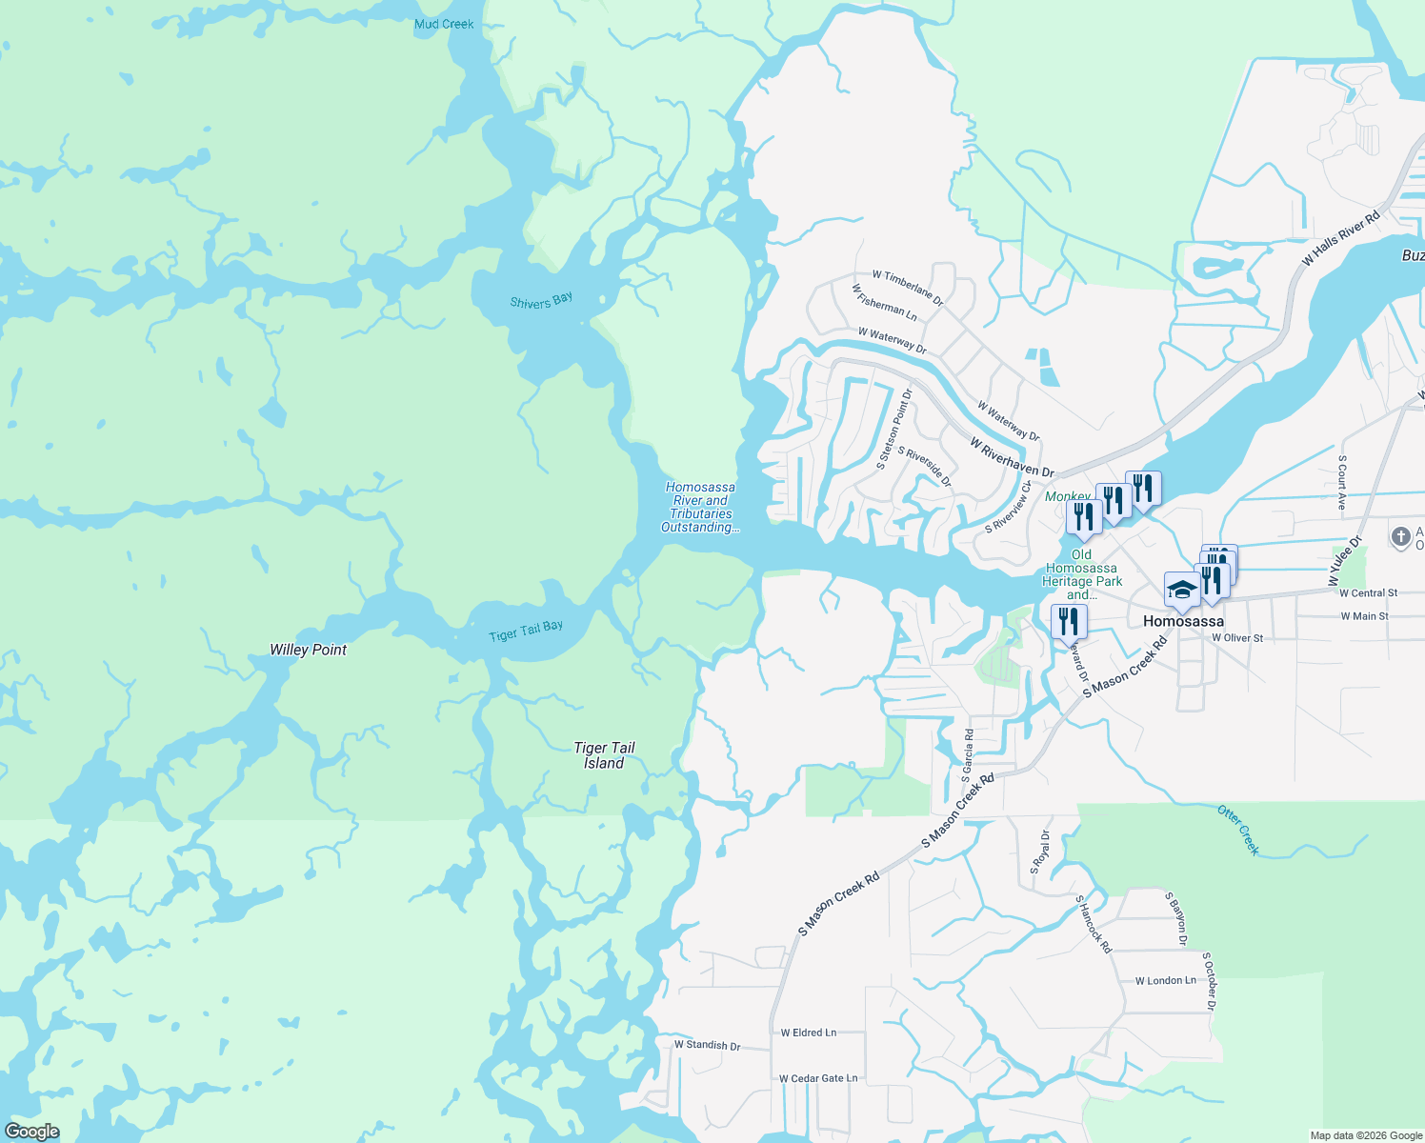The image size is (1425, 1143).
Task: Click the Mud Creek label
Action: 444,24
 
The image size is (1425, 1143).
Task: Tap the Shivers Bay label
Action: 541,301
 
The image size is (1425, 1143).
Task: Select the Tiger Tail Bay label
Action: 526,631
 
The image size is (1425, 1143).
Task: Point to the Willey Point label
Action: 308,650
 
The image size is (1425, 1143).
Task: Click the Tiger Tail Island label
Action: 604,755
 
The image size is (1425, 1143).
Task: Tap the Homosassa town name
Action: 1183,621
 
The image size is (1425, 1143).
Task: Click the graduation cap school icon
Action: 1181,591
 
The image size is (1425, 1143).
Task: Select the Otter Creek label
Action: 1238,830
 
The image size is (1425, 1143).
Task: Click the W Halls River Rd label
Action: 1340,238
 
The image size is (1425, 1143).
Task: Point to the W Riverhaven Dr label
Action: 1012,457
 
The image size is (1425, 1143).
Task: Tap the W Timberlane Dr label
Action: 907,288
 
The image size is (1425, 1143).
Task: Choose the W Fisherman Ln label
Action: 884,303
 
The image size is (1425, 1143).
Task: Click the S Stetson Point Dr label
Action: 894,430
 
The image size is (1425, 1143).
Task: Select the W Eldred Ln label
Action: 808,1033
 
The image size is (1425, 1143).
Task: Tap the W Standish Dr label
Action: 707,1045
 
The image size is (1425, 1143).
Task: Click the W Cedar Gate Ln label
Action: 817,1078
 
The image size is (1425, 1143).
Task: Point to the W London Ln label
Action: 1165,980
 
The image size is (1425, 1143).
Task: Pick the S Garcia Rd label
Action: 968,755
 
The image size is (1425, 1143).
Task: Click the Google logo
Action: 31,1132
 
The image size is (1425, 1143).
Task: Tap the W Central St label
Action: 1368,592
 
